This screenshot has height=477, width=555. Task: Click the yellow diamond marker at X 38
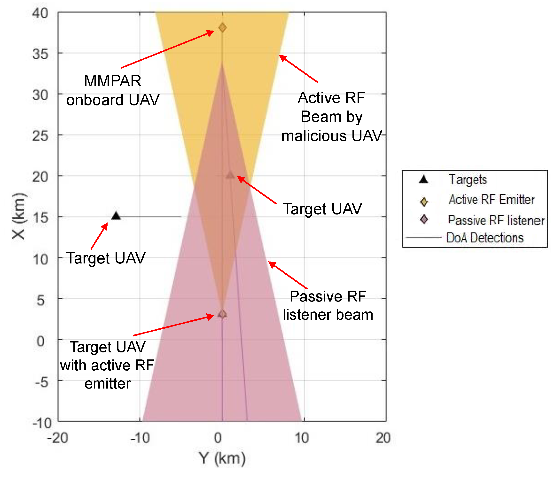click(x=223, y=27)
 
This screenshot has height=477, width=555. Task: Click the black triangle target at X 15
click(x=116, y=216)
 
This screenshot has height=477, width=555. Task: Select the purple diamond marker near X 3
click(x=222, y=314)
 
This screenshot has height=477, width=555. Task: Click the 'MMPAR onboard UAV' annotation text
click(x=113, y=90)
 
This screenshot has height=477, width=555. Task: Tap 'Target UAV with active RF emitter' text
click(x=107, y=365)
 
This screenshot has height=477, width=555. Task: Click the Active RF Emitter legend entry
click(x=492, y=200)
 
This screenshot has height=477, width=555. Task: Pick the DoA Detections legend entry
click(x=485, y=238)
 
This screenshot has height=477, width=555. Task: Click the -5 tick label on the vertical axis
click(x=41, y=382)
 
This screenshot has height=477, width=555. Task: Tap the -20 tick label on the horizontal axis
click(x=58, y=438)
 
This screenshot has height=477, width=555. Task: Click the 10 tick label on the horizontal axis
click(x=302, y=438)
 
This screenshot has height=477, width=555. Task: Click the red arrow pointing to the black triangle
click(x=99, y=236)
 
